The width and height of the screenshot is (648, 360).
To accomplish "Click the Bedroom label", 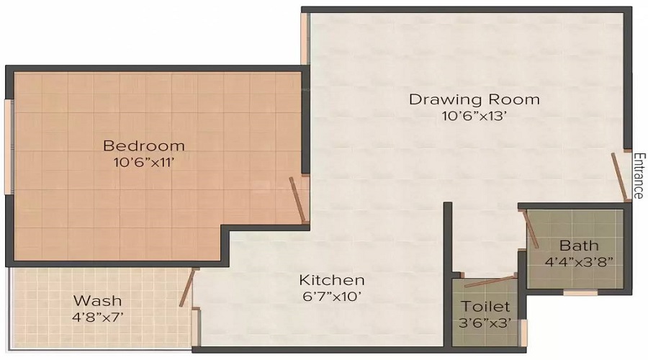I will pos(143,145).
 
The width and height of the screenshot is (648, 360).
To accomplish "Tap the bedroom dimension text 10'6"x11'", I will pos(143,163).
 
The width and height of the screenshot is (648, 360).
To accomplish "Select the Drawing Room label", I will pos(474,99).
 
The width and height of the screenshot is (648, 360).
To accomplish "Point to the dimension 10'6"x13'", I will pos(474,117).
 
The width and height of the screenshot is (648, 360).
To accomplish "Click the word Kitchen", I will pos(332,279).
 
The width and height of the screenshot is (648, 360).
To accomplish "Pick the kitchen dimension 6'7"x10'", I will pos(332,297).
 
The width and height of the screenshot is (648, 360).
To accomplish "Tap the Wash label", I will pos(98,300).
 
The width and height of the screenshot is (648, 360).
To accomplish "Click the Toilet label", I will pos(485,307).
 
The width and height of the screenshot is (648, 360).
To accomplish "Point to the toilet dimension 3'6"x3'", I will pos(485,323).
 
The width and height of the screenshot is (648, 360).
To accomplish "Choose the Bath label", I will pos(574,245).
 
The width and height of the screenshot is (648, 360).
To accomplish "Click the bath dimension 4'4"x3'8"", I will pos(574,262).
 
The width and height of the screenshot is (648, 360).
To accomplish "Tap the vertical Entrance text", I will pos(638,176).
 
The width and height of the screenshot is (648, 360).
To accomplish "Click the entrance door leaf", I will pos(618,176).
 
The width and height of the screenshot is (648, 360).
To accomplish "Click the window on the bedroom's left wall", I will pos(8,147).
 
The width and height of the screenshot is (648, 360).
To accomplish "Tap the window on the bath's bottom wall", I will pos(580,293).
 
